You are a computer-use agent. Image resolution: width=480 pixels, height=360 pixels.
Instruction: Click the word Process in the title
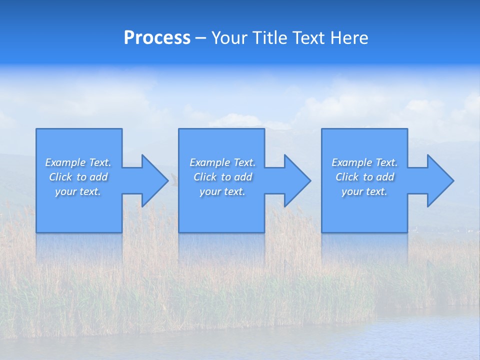point(157,38)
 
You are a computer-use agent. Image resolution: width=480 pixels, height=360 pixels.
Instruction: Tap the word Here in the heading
point(348,38)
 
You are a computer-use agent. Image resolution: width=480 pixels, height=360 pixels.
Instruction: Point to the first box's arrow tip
point(167,180)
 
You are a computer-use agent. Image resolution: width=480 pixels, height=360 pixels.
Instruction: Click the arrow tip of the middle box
point(310,180)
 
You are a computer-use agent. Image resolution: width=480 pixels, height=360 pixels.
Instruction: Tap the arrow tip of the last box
point(453,180)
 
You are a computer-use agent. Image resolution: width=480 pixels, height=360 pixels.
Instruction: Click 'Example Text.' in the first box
point(78,162)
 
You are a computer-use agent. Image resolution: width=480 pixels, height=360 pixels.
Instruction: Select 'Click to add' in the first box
point(78,177)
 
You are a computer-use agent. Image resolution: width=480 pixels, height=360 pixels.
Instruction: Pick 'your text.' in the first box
point(78,191)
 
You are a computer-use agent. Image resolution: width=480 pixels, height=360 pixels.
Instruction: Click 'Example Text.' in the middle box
point(222,162)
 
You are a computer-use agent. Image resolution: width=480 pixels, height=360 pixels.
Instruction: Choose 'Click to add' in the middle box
point(222,177)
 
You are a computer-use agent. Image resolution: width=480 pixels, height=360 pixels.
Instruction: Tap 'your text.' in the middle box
point(222,191)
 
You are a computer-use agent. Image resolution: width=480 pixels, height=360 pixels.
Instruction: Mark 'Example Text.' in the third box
point(364,162)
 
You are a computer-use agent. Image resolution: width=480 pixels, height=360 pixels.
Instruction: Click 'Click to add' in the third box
point(364,177)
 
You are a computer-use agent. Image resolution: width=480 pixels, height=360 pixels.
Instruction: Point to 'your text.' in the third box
point(364,191)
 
